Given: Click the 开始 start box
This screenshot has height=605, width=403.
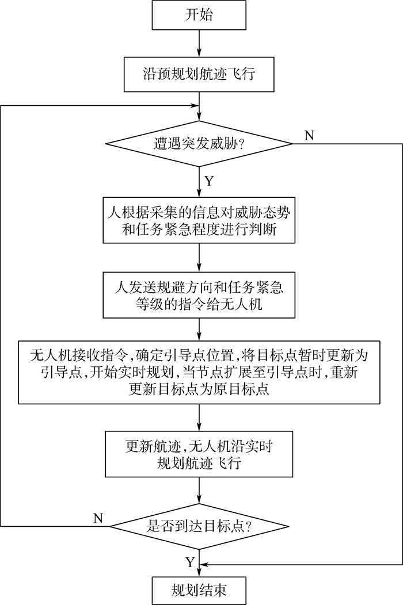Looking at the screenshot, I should [x=199, y=16].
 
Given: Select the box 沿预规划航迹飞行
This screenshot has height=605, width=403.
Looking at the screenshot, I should [x=199, y=74].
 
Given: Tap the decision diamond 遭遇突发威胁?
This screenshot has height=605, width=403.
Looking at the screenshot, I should [x=199, y=143].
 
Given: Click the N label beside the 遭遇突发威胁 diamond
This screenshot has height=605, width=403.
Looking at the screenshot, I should [x=309, y=136].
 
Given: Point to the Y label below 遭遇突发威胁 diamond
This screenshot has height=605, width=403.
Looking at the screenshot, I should [x=209, y=182].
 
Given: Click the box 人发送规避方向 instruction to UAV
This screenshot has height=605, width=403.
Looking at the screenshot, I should [x=199, y=294].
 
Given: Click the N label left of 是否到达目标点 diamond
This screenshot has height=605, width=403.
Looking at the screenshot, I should [x=98, y=517].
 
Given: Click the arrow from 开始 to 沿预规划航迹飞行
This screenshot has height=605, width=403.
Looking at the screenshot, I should [x=199, y=44].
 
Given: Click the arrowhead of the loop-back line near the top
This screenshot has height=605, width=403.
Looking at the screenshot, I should [x=194, y=106].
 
